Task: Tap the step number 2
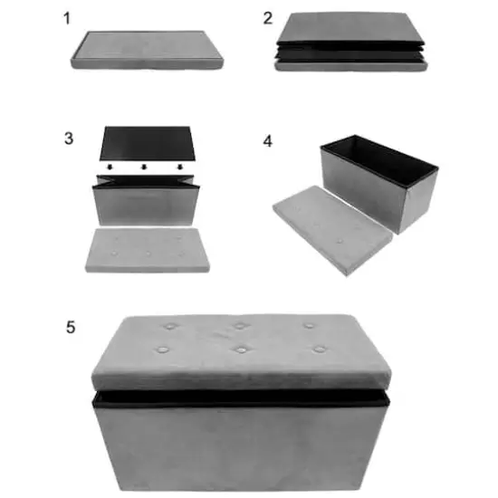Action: [267, 18]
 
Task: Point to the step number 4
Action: [267, 140]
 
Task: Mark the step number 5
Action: [71, 326]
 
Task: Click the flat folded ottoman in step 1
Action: [148, 51]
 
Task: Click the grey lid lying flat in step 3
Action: [148, 249]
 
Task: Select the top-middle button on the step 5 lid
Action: [240, 326]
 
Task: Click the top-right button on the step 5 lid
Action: [309, 325]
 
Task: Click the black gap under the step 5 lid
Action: [240, 397]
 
